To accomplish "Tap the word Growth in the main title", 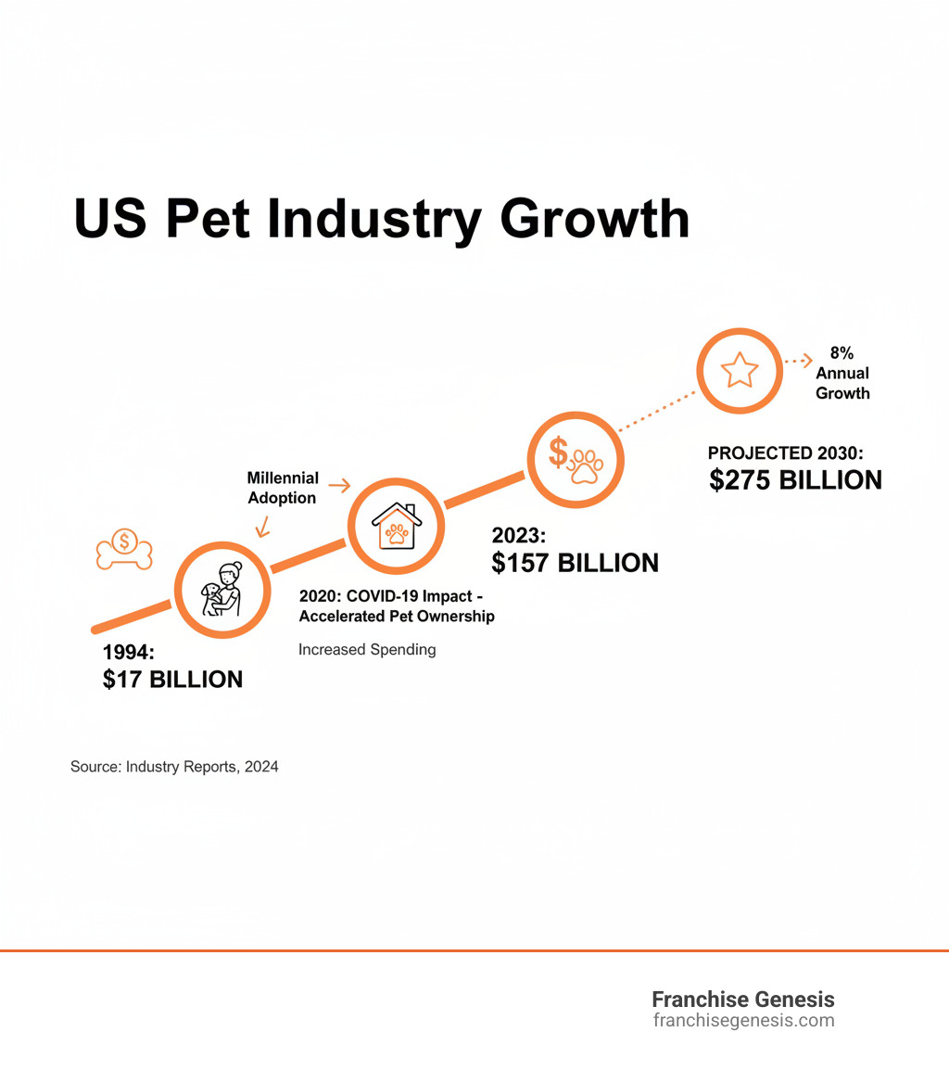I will tap(592, 220).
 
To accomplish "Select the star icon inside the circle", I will tap(740, 370).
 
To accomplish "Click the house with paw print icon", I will tap(397, 526).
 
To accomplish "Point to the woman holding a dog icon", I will tap(222, 590).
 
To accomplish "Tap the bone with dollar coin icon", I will tap(124, 549).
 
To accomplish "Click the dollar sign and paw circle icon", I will tap(576, 458).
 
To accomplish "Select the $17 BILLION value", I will tap(172, 680).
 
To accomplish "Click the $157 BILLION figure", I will tap(576, 562).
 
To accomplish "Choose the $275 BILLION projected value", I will tap(795, 479).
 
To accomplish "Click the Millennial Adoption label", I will tap(283, 488).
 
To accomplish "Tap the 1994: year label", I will tap(129, 653).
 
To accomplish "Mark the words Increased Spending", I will tap(367, 649).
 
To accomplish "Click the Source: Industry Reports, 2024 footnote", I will tap(174, 767).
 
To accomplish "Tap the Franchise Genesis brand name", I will tap(742, 1000).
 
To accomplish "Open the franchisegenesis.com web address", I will tap(743, 1021).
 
